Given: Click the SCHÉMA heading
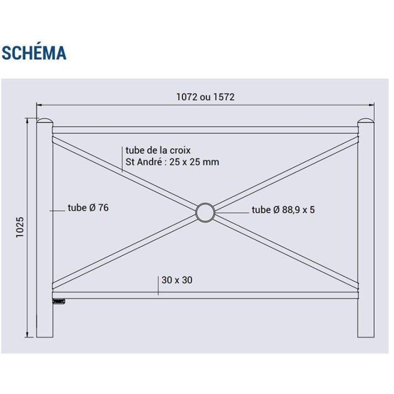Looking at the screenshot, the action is (34, 53).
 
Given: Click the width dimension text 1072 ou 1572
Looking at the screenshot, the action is (205, 97).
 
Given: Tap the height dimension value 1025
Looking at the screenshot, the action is (20, 227).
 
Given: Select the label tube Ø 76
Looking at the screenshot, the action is (88, 207).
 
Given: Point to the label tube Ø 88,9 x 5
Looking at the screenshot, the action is (283, 210).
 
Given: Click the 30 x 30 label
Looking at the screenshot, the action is (177, 280).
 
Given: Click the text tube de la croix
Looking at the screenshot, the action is (158, 150).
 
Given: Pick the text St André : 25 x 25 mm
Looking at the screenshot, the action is (172, 162).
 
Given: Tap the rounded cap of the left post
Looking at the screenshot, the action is (45, 120).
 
